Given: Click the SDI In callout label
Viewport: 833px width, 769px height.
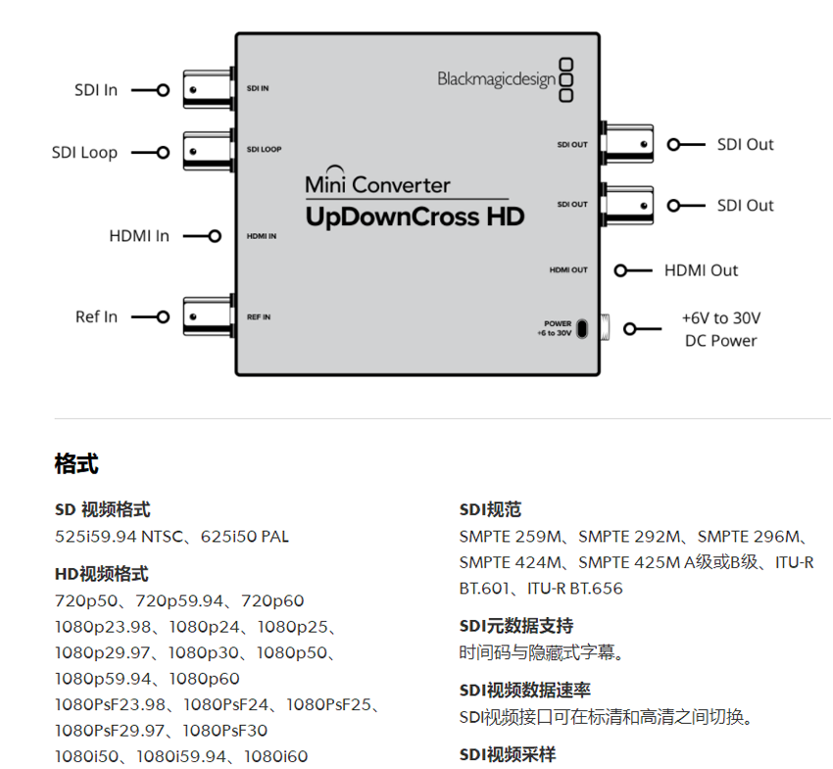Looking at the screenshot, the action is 96,90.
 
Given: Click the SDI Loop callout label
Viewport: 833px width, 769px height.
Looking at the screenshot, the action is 84,153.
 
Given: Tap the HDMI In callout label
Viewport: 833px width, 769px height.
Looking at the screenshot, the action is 139,236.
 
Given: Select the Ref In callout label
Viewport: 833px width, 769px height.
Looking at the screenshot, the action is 96,317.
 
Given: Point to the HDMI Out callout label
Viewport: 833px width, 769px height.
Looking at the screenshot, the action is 702,270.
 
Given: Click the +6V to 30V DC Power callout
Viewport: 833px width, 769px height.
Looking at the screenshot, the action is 721,329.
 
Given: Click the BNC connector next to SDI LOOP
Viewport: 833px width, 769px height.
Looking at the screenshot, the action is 208,152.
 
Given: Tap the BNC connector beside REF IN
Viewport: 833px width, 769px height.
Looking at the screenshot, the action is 208,317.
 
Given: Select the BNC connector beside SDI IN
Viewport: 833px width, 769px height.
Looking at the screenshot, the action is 208,89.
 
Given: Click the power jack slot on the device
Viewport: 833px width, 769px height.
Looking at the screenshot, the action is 582,329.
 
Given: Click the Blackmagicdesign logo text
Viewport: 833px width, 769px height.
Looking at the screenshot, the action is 497,79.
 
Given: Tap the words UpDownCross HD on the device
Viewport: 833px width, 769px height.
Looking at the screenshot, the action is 415,216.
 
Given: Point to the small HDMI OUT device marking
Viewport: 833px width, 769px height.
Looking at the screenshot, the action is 568,269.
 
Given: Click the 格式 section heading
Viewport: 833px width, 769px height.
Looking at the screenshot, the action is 76,463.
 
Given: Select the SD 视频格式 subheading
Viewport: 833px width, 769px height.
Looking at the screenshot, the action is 103,509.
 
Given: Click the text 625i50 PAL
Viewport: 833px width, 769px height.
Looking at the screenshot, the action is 245,537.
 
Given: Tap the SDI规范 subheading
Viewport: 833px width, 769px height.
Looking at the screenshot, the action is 490,509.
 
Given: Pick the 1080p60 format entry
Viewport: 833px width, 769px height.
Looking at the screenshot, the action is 205,679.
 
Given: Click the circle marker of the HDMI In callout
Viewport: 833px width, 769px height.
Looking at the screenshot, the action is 215,236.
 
